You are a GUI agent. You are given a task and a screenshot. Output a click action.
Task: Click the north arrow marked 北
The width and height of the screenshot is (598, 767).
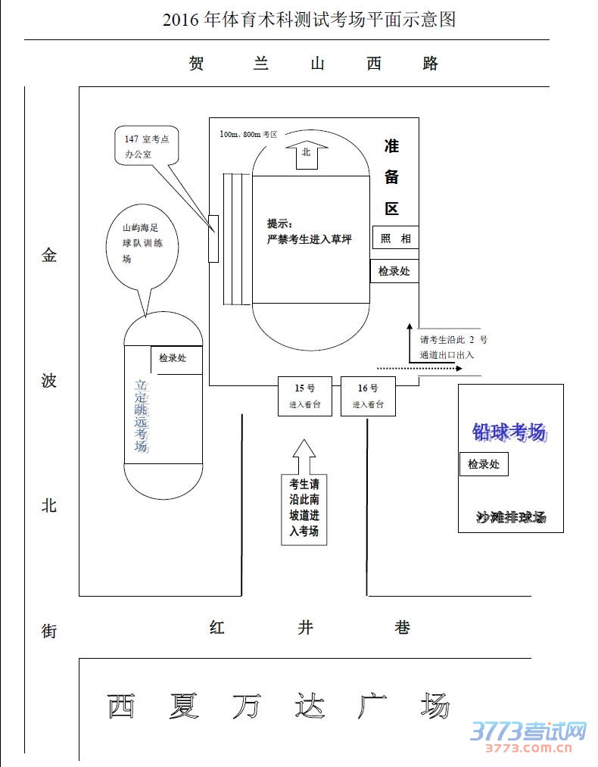307,154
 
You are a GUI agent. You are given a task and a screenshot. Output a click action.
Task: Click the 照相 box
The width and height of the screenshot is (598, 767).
395,238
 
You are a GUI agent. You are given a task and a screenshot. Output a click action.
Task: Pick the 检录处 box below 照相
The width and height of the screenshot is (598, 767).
394,271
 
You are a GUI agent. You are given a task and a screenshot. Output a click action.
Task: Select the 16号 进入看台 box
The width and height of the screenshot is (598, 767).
368,396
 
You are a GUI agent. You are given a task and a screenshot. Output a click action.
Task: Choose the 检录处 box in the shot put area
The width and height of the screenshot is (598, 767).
484,464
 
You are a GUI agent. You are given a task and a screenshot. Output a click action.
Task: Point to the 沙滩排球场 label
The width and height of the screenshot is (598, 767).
511,518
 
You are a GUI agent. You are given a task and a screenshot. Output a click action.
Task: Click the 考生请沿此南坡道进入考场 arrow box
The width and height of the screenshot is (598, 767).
304,506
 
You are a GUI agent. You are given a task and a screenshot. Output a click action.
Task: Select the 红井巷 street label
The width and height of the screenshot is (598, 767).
310,628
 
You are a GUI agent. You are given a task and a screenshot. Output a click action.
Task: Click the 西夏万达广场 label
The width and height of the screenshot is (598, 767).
278,706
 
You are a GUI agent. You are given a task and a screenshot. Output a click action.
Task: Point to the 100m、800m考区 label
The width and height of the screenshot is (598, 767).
248,134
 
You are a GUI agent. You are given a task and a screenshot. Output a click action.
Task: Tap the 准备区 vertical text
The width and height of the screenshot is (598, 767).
391,177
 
